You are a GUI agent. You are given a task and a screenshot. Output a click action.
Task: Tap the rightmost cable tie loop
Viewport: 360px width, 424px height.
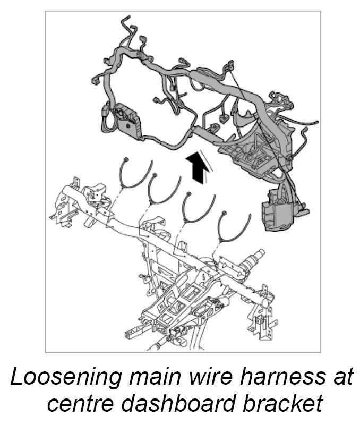coord(234,227)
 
